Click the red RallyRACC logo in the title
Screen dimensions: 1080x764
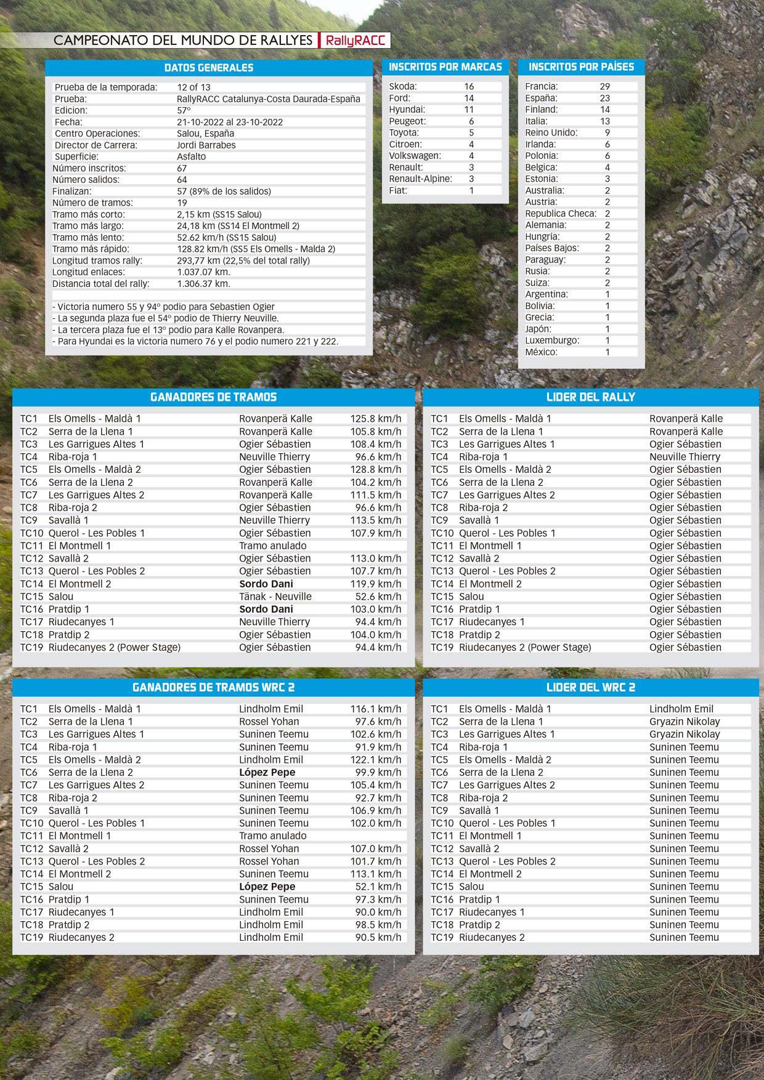pyautogui.click(x=355, y=41)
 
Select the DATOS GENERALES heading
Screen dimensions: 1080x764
pyautogui.click(x=208, y=68)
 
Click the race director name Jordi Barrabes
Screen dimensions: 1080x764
pyautogui.click(x=206, y=145)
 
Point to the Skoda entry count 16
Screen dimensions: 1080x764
pyautogui.click(x=469, y=86)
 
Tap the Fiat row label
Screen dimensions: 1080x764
pyautogui.click(x=398, y=191)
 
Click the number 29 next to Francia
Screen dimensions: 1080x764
pyautogui.click(x=604, y=87)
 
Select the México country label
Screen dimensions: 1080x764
pyautogui.click(x=541, y=352)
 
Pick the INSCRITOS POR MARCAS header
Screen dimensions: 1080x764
pyautogui.click(x=445, y=67)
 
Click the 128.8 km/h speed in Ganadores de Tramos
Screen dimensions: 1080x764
pyautogui.click(x=376, y=470)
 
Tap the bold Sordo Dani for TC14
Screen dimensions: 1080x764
pyautogui.click(x=266, y=584)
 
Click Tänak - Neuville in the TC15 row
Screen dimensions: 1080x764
pyautogui.click(x=275, y=597)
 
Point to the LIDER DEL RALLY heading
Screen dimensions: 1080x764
pyautogui.click(x=590, y=397)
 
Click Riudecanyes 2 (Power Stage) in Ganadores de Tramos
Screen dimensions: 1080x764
pyautogui.click(x=115, y=648)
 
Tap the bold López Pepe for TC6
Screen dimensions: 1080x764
pyautogui.click(x=267, y=773)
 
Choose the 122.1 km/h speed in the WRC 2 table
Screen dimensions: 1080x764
pyautogui.click(x=376, y=760)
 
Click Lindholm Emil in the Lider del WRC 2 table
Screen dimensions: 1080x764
pyautogui.click(x=681, y=709)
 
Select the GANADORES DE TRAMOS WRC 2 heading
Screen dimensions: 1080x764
pyautogui.click(x=213, y=688)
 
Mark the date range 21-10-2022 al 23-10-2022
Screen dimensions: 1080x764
pyautogui.click(x=230, y=122)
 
